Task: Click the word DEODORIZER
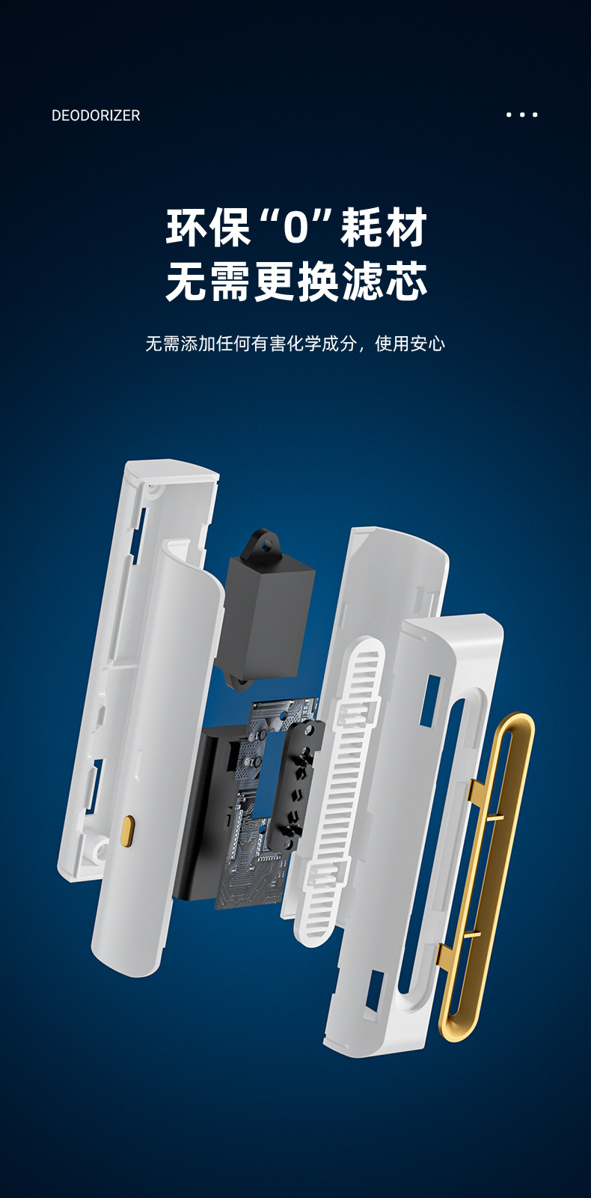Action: pos(96,115)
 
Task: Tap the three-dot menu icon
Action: pos(521,115)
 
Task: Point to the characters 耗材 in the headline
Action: pos(384,228)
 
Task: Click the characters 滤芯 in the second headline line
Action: pos(384,281)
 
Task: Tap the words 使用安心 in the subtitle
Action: pos(410,344)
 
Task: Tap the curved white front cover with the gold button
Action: pos(158,759)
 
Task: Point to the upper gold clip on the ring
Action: pos(486,800)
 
